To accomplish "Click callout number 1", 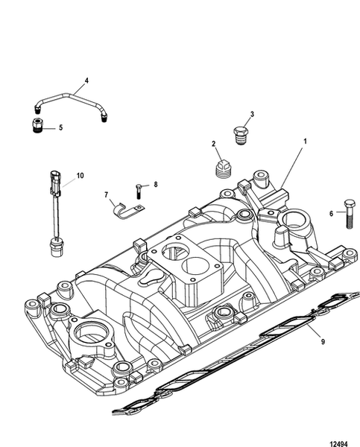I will [x=304, y=141].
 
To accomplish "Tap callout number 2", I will [x=213, y=144].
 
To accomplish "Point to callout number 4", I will [x=86, y=80].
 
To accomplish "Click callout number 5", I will [x=60, y=127].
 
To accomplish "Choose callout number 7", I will [x=107, y=194].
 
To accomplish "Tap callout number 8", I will [x=156, y=184].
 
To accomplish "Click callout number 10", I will [x=80, y=176].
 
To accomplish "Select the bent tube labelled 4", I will [x=72, y=97].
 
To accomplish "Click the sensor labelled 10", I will [x=54, y=216].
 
